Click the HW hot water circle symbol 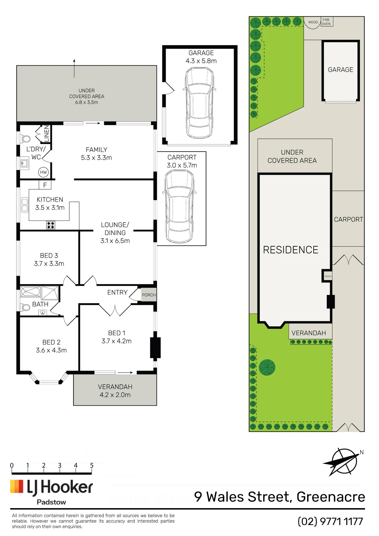coord(43,172)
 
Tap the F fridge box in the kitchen coord(45,185)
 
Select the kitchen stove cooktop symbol coord(51,225)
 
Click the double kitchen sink coord(24,205)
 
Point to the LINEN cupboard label coord(47,133)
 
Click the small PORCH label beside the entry coord(149,295)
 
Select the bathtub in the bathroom coord(30,292)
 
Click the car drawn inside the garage coord(199,103)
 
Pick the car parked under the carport coord(179,206)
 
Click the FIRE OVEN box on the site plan coord(326,22)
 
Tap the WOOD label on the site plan coord(313,22)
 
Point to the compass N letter coord(362,452)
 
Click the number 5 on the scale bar coord(92,465)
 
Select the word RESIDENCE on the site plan coord(290,250)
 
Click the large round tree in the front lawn coord(267,367)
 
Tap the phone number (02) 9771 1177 coord(330,522)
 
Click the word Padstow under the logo coord(51,502)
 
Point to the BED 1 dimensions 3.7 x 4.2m coord(116,341)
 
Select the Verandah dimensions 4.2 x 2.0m coord(115,395)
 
